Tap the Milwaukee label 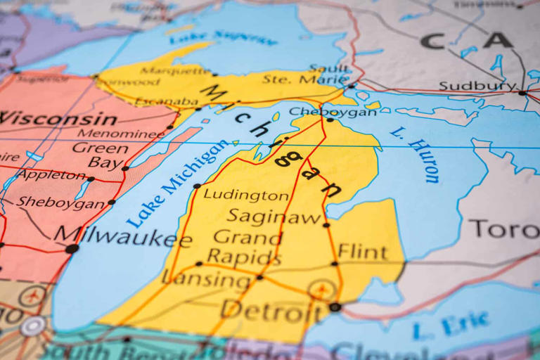point(123,236)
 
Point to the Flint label point(362,251)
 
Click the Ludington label point(245,195)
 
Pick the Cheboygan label point(323,112)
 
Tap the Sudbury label point(477,86)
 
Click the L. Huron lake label point(416,155)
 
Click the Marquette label point(175,70)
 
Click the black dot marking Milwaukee point(72,248)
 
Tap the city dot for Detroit point(335,307)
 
